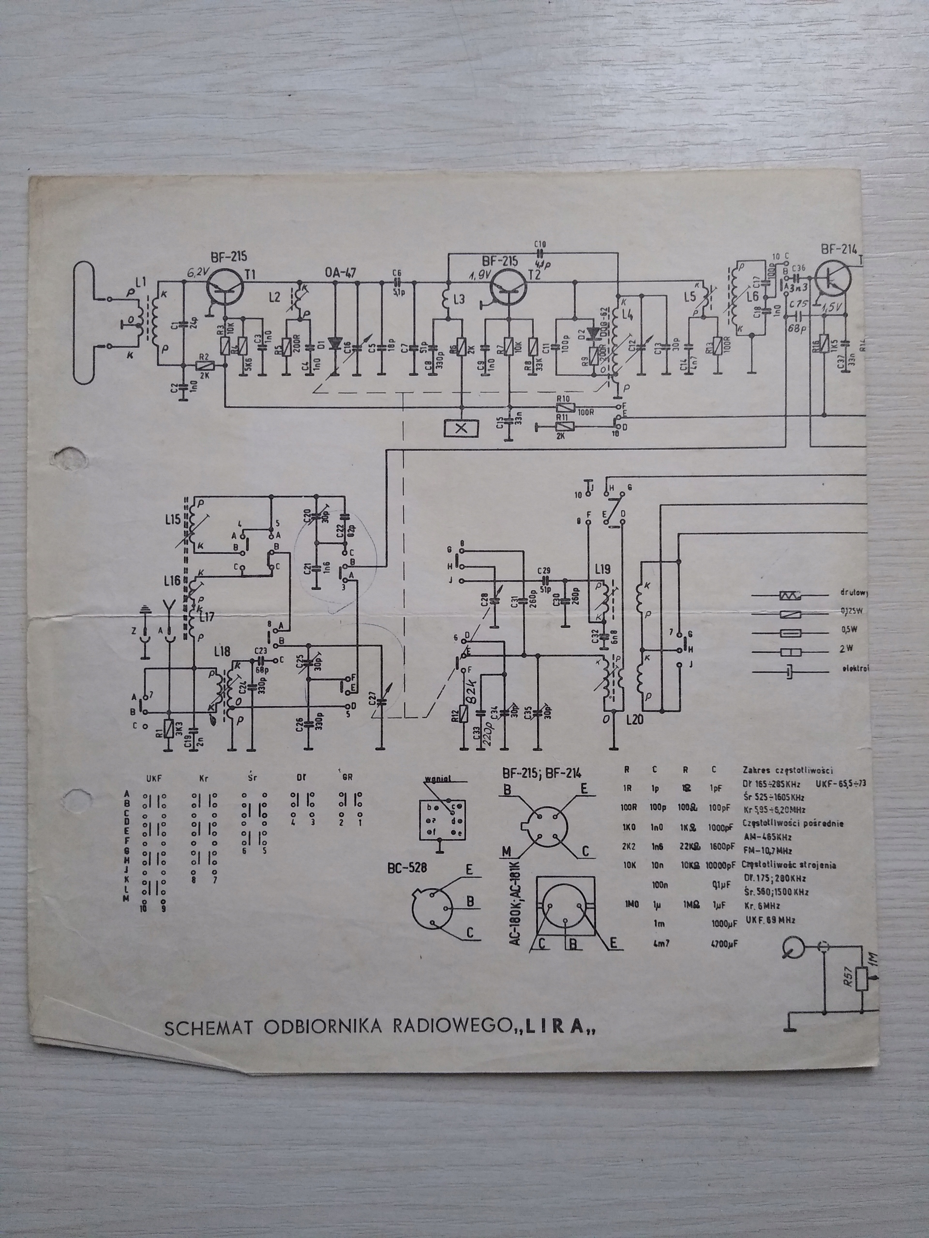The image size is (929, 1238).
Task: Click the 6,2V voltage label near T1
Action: tap(198, 273)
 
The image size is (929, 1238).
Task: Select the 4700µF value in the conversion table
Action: tap(724, 944)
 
